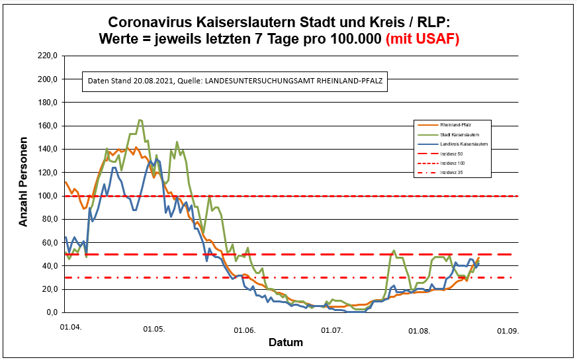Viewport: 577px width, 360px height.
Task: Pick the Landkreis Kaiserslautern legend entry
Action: (463, 144)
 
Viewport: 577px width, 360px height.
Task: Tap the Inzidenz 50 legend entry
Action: (451, 154)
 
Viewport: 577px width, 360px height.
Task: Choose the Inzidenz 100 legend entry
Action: (452, 164)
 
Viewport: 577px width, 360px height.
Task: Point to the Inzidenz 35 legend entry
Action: (451, 174)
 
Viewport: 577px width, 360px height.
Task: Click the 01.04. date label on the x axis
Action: (71, 326)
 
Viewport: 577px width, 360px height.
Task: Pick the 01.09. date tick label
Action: (508, 331)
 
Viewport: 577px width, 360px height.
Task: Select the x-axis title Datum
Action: (286, 343)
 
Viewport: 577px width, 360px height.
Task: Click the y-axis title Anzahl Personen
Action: (23, 182)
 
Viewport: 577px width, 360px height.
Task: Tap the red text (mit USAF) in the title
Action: (422, 39)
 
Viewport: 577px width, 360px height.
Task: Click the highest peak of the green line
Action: (140, 120)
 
